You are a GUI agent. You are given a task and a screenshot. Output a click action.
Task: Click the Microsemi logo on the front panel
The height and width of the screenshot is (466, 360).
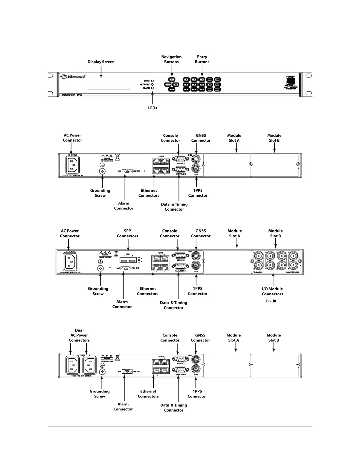point(73,77)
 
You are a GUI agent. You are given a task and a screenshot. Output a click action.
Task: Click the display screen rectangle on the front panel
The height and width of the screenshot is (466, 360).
point(109,84)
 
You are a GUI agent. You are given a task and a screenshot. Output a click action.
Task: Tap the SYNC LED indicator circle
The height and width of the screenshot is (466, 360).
point(152,81)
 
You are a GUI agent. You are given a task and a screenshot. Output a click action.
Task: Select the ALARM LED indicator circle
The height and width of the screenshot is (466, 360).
point(152,88)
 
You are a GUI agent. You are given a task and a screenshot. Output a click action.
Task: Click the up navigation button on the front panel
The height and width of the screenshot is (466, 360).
point(172,80)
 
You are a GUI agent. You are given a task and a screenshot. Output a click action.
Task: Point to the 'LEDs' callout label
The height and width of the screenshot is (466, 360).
point(152,108)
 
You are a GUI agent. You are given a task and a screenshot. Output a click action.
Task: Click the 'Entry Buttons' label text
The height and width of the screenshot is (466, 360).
point(202,59)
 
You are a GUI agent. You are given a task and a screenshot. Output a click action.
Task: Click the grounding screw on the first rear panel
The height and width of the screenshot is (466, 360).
point(102,171)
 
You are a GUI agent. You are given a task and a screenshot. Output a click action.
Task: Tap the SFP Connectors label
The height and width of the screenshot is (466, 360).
point(127,233)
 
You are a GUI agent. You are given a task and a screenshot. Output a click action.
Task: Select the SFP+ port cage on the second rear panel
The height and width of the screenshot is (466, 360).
point(128,260)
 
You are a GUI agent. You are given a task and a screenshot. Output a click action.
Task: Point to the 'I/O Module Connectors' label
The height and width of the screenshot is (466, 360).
point(272,291)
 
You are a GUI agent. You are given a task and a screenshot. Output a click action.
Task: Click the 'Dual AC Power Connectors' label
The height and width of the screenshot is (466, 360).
point(79,335)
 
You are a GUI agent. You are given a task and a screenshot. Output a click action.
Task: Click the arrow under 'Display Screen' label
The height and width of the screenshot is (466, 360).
point(101,72)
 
